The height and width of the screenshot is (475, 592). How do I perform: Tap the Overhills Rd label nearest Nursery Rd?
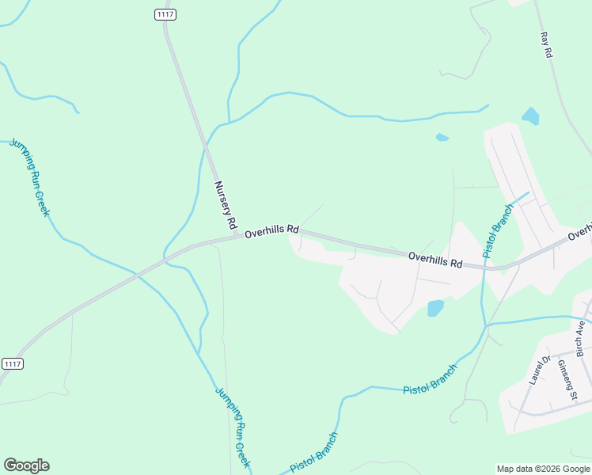pos(271,232)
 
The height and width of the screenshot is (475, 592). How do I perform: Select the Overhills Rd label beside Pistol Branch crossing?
pos(435,259)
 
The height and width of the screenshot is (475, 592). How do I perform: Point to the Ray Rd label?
pos(545,44)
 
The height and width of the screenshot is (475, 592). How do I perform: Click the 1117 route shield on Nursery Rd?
pos(164,15)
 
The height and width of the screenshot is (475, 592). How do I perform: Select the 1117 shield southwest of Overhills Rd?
pos(13,363)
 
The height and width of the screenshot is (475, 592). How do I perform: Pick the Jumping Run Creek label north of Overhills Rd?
pos(30,177)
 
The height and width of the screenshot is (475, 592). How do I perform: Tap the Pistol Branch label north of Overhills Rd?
pos(499,230)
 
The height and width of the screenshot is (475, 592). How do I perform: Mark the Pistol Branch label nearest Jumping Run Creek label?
pos(314,452)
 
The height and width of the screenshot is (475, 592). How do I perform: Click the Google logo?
pos(26,465)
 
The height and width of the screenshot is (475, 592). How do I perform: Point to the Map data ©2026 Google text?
pos(542,469)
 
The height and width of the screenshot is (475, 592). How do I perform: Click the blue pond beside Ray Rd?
pos(530,117)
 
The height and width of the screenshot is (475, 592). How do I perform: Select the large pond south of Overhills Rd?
pos(435,308)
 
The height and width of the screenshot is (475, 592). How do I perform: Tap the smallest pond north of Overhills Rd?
pos(442,138)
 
